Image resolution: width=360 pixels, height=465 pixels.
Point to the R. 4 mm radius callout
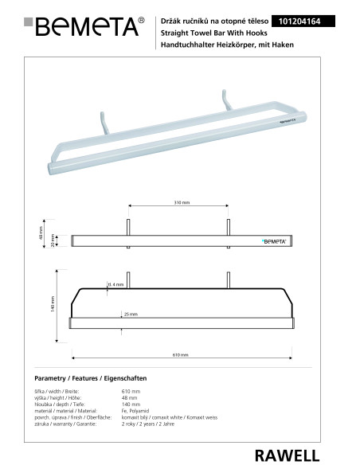coord(116,284)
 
